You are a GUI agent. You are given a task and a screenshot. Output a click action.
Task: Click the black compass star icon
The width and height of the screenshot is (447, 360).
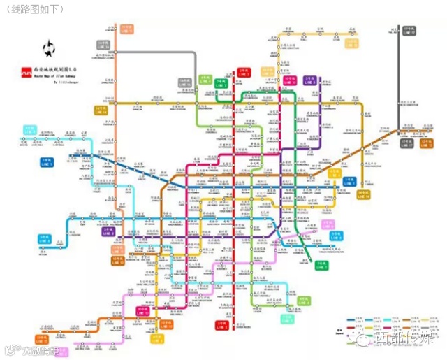[50, 49]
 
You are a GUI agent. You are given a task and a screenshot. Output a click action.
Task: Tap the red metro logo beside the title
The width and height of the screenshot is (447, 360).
[26, 71]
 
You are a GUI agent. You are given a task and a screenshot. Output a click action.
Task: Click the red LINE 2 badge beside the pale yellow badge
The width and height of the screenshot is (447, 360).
[244, 72]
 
